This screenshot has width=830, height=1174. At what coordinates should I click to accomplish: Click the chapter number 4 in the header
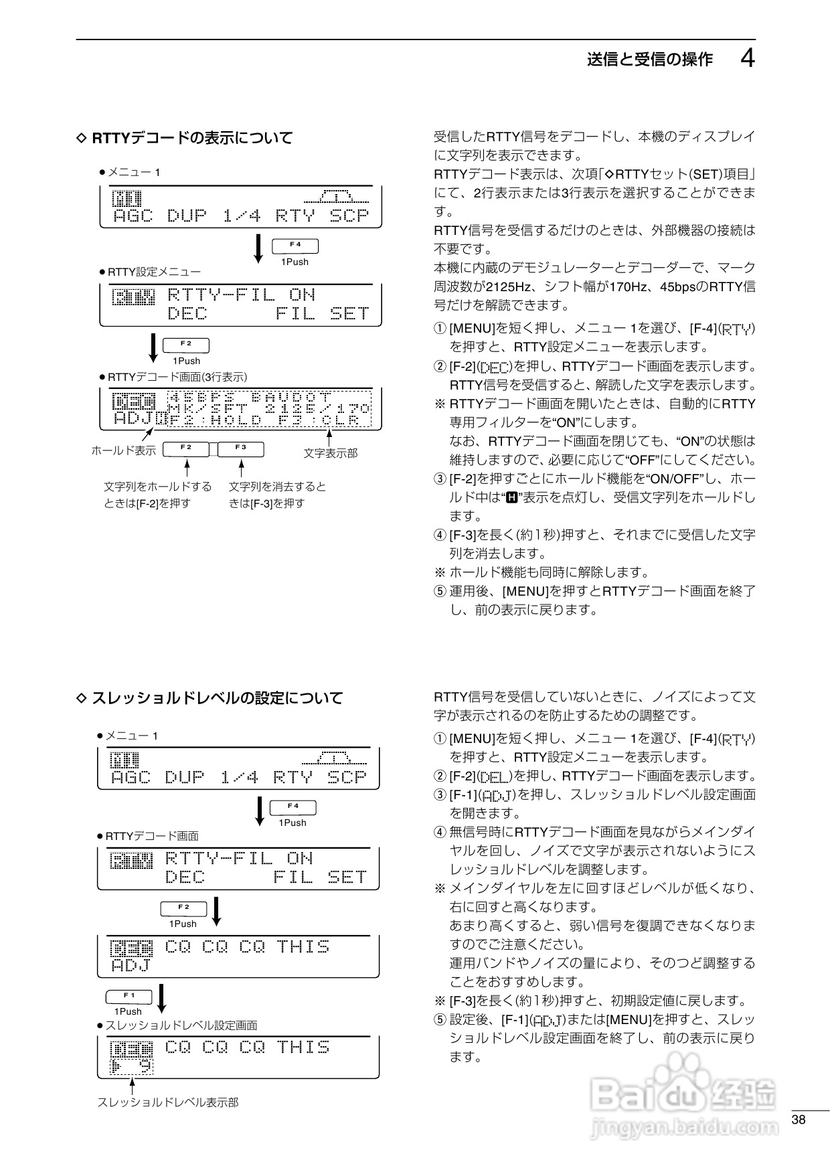[x=748, y=59]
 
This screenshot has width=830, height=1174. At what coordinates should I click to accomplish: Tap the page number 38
[x=798, y=1120]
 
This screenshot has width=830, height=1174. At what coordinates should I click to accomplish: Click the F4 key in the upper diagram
[x=295, y=246]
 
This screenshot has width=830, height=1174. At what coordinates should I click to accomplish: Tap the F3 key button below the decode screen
[x=241, y=448]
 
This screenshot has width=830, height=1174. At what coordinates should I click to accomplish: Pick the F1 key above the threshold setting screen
[x=129, y=997]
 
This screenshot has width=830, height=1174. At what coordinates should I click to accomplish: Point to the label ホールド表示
[x=123, y=450]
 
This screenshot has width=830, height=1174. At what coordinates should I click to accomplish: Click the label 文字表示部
[x=330, y=453]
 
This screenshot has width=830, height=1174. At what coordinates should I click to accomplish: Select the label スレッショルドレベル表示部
[x=167, y=1102]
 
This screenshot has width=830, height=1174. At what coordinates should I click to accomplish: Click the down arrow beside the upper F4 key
[x=259, y=248]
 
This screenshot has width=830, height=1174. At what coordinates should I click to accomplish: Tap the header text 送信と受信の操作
[x=649, y=60]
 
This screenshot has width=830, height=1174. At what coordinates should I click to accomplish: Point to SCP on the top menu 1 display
[x=349, y=216]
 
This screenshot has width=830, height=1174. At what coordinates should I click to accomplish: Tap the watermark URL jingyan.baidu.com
[x=684, y=1128]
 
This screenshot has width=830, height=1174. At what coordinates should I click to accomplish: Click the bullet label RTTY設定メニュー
[x=154, y=272]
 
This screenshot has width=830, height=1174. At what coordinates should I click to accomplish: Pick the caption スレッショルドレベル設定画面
[x=181, y=1025]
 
